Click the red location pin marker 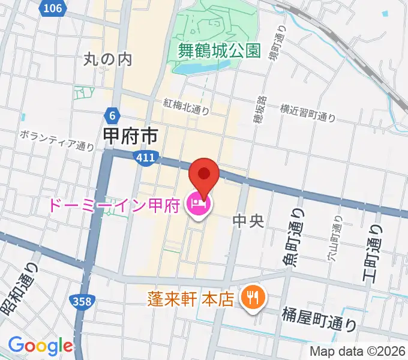click(203, 176)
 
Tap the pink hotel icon click(198, 206)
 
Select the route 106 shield click(53, 7)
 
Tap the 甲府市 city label click(131, 136)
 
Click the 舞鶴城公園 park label click(220, 51)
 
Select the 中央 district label click(248, 221)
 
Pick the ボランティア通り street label click(56, 139)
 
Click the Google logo click(40, 346)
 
